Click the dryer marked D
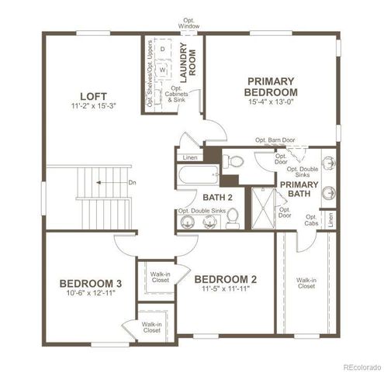pos(163,49)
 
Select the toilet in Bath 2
pos(232,221)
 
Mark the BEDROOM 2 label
pos(225,279)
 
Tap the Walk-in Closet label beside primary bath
pos(306,283)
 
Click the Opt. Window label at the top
pos(189,23)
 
